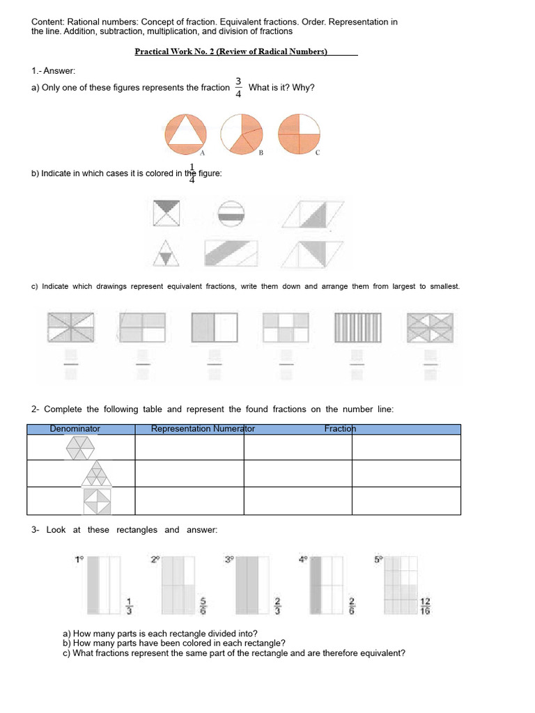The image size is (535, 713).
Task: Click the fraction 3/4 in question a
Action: [x=238, y=88]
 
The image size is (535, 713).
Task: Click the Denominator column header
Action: [x=75, y=429]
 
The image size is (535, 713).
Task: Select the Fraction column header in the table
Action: [x=340, y=429]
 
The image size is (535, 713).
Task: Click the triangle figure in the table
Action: [x=97, y=473]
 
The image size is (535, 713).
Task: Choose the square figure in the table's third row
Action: [x=97, y=501]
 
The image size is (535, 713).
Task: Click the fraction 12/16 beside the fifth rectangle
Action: [x=426, y=606]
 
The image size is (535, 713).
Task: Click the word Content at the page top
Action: [x=47, y=22]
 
